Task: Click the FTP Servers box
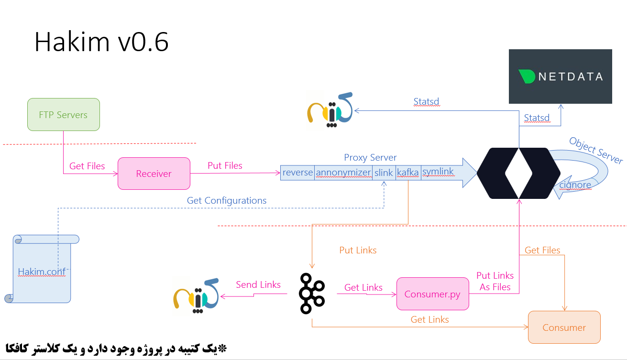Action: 63,115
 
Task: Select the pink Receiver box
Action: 154,174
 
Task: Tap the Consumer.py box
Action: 432,294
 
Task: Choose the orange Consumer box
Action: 564,327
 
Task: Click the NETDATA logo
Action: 560,76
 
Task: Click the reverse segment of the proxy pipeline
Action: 297,173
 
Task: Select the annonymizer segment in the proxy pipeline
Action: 343,173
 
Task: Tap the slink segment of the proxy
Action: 384,173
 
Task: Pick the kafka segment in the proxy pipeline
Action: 408,173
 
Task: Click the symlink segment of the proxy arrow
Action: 438,172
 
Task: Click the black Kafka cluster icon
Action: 312,293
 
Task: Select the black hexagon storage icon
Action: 518,173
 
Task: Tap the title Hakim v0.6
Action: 101,43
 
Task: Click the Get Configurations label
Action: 227,200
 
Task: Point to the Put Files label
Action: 225,166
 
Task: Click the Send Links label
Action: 258,284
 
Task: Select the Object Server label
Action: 596,150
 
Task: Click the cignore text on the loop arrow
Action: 575,185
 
